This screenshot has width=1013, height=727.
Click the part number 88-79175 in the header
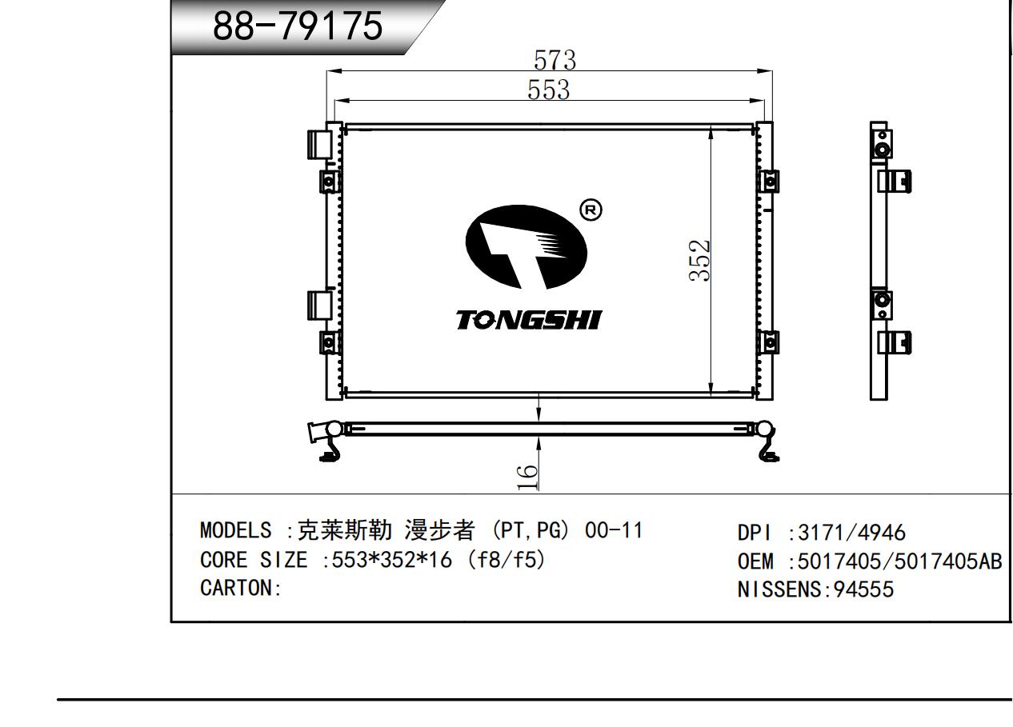point(298,26)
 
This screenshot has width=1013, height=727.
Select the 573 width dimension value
point(555,60)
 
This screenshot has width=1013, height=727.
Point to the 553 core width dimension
point(549,90)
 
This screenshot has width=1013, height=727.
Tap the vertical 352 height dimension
point(699,261)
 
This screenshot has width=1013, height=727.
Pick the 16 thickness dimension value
point(527,477)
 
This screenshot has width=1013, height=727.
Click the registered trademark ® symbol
point(591,210)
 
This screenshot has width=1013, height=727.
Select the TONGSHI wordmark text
point(529,320)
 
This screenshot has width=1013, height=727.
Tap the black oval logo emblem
point(527,247)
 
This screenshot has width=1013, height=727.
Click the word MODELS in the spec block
point(235,530)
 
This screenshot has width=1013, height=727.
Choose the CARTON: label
point(241,588)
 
